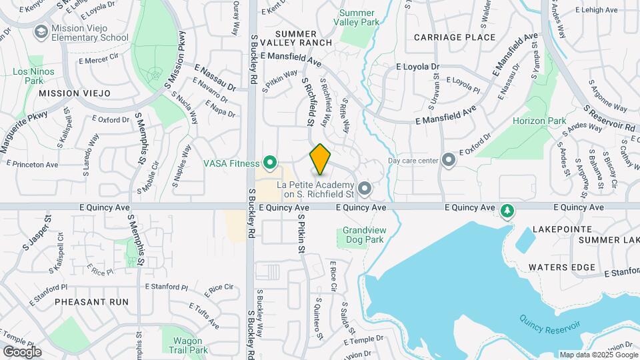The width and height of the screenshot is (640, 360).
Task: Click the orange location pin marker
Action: [x=321, y=159]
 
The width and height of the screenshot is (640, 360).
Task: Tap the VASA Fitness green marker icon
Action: [x=270, y=162]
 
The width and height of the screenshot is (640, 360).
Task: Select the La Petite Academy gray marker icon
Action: [x=364, y=189]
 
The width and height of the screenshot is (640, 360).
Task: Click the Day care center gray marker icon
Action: [x=449, y=159]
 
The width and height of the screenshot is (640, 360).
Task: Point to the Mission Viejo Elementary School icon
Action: [x=41, y=32]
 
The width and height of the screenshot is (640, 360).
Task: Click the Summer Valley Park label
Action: [x=359, y=17]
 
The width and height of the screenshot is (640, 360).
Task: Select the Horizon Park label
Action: [x=539, y=121]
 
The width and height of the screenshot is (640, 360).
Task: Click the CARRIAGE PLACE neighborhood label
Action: [x=455, y=37]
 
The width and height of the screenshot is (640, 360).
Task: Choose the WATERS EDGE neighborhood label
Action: [x=561, y=267]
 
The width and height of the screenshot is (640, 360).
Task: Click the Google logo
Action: [x=22, y=351]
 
